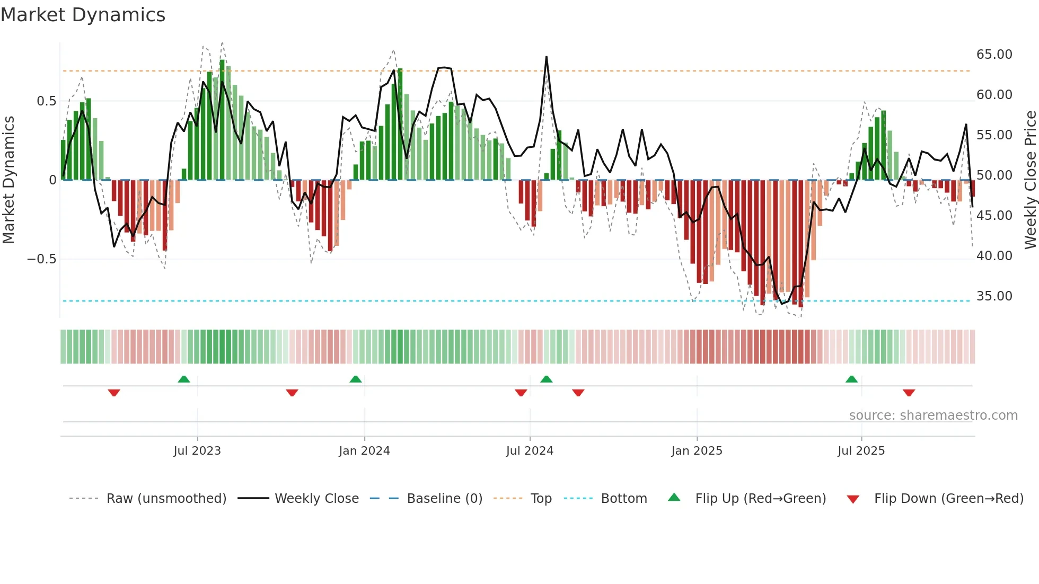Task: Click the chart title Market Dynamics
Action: pyautogui.click(x=83, y=15)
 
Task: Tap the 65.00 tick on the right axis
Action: pyautogui.click(x=994, y=55)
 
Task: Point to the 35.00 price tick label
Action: pyautogui.click(x=994, y=296)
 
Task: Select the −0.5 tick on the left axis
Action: pyautogui.click(x=41, y=259)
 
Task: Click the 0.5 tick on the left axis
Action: pyautogui.click(x=46, y=101)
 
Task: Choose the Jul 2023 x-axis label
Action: pyautogui.click(x=197, y=451)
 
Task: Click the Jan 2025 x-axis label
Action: pyautogui.click(x=697, y=451)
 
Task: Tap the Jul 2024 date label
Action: pyautogui.click(x=530, y=451)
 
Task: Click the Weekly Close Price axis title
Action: pyautogui.click(x=1030, y=180)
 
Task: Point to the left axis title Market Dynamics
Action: pyautogui.click(x=8, y=180)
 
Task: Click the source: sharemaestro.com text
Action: pyautogui.click(x=933, y=415)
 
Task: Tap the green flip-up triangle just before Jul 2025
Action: pyautogui.click(x=851, y=379)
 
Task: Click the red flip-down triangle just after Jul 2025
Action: pyautogui.click(x=909, y=393)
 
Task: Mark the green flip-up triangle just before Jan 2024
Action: pyautogui.click(x=356, y=379)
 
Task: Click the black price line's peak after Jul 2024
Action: pyautogui.click(x=547, y=57)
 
